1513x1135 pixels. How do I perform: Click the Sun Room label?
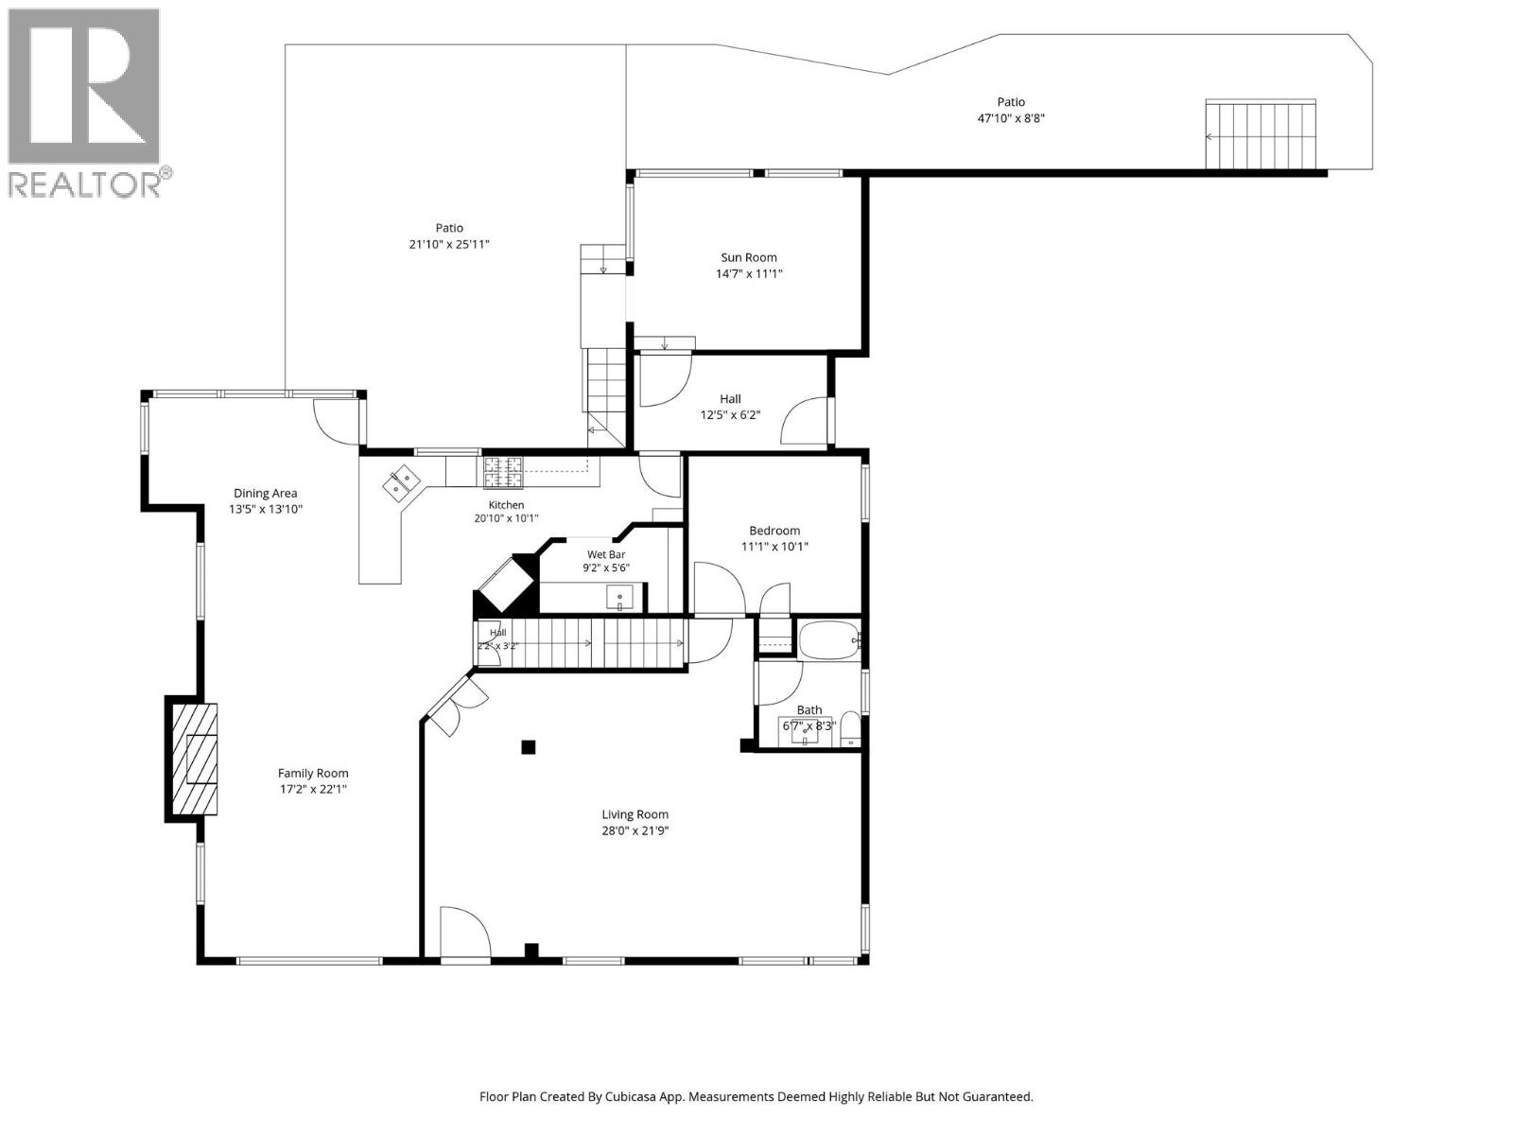(x=749, y=257)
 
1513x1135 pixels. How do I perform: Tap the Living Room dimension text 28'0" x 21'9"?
(x=635, y=831)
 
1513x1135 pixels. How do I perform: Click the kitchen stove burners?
(x=502, y=473)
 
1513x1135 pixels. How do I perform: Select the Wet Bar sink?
(x=619, y=598)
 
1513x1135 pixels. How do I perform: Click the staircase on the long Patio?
(x=1261, y=134)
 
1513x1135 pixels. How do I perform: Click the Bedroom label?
(x=774, y=531)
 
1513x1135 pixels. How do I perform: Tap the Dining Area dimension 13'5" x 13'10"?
(x=266, y=509)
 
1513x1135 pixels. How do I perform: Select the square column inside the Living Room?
(x=528, y=747)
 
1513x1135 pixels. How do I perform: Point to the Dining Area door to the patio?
(x=337, y=422)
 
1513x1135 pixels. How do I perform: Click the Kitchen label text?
(x=507, y=505)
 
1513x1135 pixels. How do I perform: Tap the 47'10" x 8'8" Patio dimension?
(x=1011, y=118)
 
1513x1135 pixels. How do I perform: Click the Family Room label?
(x=313, y=773)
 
